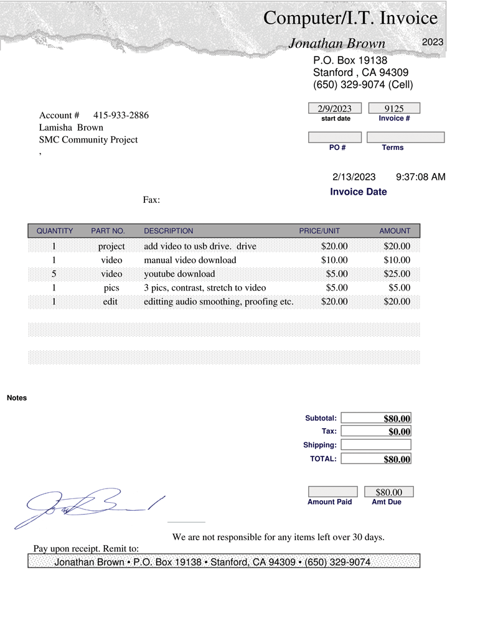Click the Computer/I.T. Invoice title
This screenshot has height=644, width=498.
[x=350, y=18]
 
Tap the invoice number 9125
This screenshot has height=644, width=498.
[x=394, y=109]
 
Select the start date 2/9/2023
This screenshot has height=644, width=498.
[x=335, y=109]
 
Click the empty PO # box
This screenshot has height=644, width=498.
[x=335, y=137]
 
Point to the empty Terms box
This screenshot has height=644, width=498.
[x=405, y=137]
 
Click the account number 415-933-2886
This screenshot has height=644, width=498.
[x=121, y=115]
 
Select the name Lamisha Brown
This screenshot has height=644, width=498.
[x=71, y=128]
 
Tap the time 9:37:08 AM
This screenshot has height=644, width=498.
[x=421, y=177]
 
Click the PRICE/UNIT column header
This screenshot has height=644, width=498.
[x=319, y=231]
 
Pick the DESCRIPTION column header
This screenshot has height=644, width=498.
[x=169, y=231]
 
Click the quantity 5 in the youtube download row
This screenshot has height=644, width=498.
[x=54, y=274]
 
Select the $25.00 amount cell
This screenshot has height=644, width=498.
[x=397, y=274]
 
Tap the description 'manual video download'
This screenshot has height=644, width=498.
[x=190, y=260]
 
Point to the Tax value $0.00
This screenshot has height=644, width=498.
[x=399, y=432]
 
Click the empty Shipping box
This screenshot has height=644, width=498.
[x=376, y=445]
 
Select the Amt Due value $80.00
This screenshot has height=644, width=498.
[x=389, y=492]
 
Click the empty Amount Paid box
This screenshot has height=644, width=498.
[x=333, y=492]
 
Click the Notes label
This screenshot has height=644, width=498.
[x=17, y=398]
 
